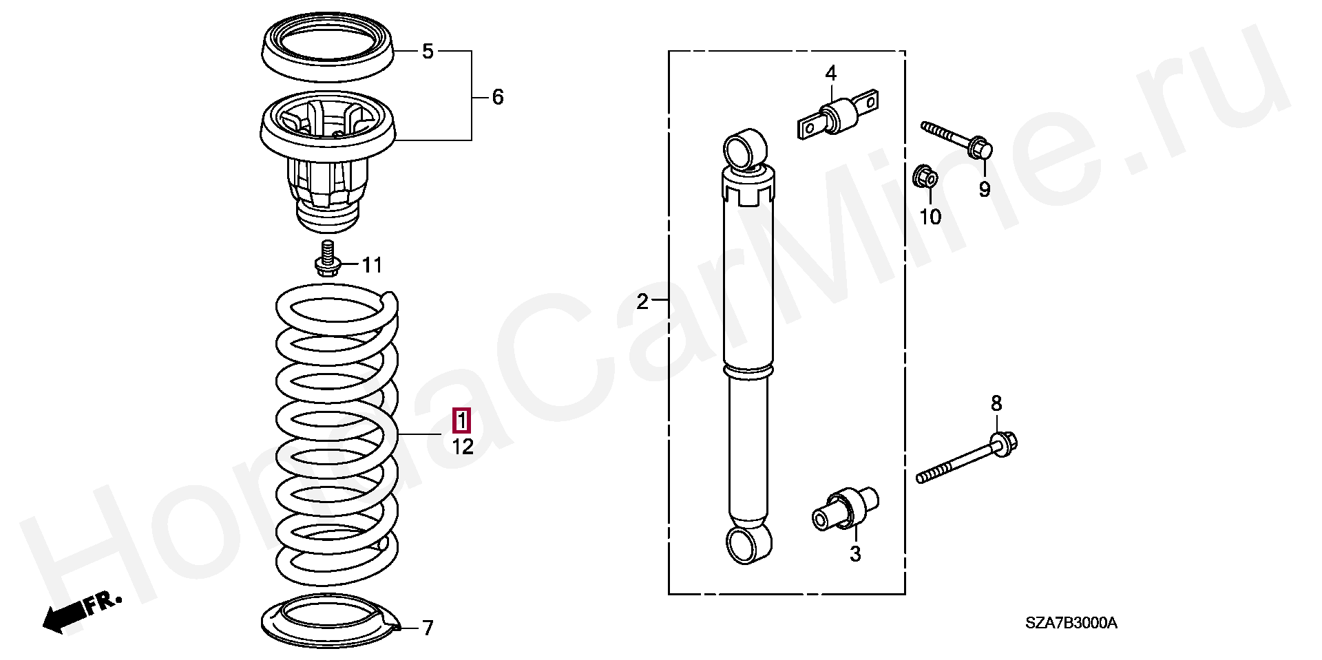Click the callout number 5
(428, 52)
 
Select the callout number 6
(497, 97)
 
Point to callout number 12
(463, 447)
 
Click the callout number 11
(373, 264)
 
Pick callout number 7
(428, 628)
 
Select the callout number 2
(642, 301)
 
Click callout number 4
(830, 73)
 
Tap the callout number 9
(985, 189)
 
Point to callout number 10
(930, 217)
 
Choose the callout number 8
(996, 403)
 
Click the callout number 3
(854, 554)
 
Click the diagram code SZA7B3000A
(1071, 624)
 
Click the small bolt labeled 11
(327, 259)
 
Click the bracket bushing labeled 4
(839, 114)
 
